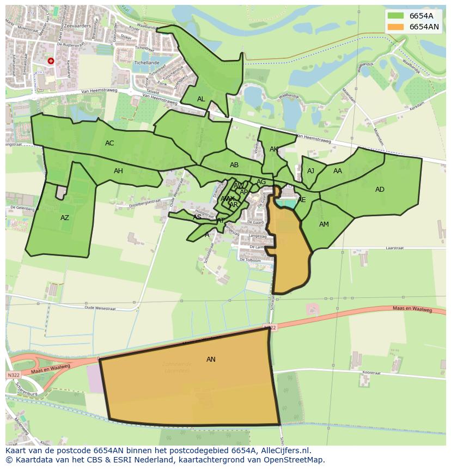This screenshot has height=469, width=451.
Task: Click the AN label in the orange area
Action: (x=211, y=360)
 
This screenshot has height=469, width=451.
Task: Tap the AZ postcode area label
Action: (x=65, y=218)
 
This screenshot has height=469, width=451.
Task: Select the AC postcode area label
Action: (x=109, y=143)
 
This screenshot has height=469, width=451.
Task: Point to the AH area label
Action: (x=118, y=171)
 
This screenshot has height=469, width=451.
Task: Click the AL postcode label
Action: (x=201, y=99)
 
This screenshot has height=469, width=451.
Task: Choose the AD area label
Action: (x=380, y=190)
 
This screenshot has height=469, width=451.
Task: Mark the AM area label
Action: (x=324, y=224)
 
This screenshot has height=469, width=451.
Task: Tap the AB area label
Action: (x=234, y=165)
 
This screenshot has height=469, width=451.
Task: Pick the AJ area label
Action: (x=310, y=171)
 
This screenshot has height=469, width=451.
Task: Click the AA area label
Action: (x=338, y=171)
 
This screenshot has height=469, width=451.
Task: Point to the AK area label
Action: (x=274, y=149)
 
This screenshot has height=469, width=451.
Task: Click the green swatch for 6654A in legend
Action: (x=396, y=16)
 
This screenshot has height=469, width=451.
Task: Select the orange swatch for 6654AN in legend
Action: (x=396, y=27)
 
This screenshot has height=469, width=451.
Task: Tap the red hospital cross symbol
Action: (x=51, y=62)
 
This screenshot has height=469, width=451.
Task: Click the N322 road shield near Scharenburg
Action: (x=13, y=375)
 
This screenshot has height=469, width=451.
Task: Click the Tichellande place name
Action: (x=147, y=63)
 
